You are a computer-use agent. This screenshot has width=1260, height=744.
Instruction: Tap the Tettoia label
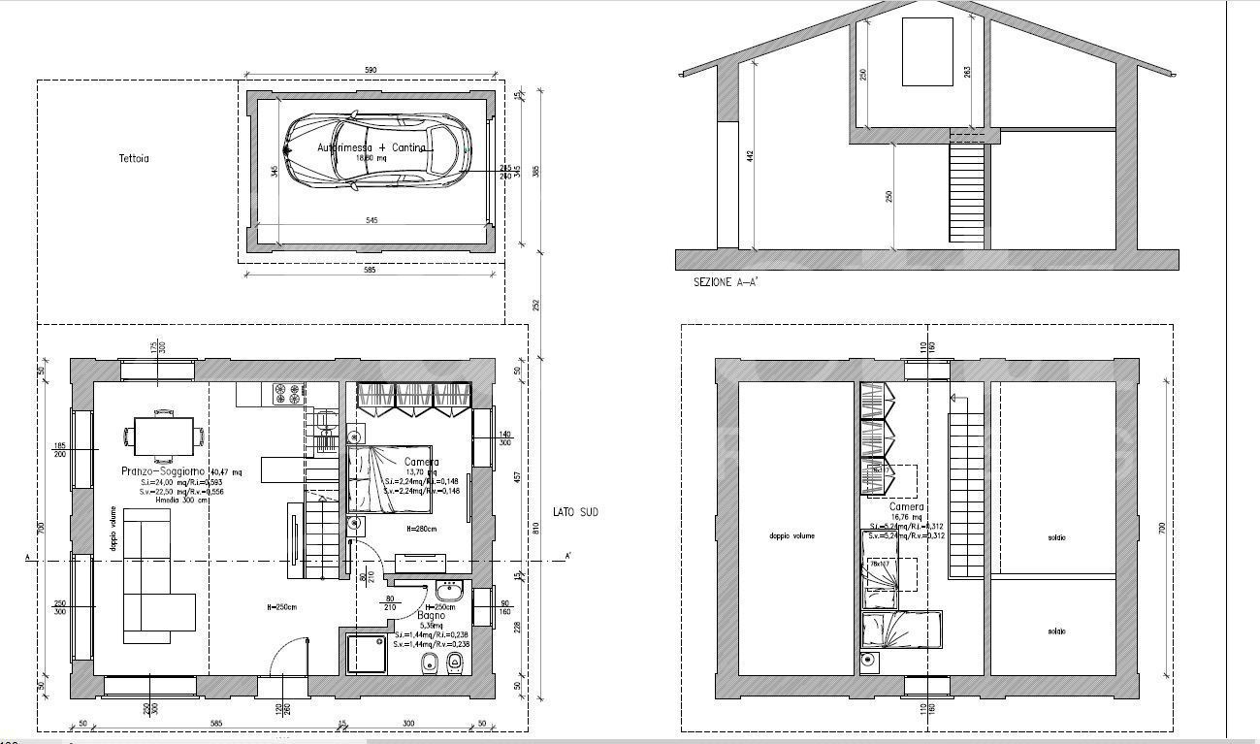pos(134,158)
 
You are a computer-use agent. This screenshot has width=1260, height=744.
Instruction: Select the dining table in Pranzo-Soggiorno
pos(163,435)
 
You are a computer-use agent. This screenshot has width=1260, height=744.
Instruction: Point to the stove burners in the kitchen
pos(288,392)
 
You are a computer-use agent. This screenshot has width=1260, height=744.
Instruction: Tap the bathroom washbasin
pos(448,592)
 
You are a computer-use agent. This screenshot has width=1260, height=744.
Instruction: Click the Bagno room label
pos(432,616)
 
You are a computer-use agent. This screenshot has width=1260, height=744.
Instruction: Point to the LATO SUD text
pos(575,511)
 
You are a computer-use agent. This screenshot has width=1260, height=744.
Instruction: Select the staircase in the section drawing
pos(967,192)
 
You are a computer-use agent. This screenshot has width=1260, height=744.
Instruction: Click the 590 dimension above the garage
pos(370,70)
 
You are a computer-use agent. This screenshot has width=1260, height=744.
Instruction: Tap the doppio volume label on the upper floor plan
pos(792,535)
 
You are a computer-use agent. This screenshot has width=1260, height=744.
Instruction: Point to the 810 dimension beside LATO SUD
pos(535,529)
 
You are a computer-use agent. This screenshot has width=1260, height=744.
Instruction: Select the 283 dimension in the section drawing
pos(967,73)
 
